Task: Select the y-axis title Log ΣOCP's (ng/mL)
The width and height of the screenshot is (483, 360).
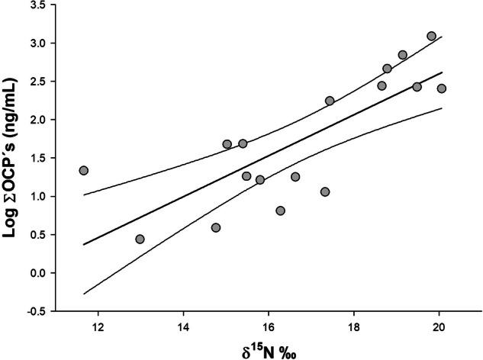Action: tap(14, 157)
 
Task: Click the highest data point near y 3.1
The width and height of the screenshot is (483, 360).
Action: tap(431, 36)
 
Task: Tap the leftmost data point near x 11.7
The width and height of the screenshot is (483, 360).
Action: tap(83, 170)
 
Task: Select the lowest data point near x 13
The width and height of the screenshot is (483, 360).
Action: tap(140, 239)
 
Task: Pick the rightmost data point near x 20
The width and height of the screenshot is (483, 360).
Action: tap(441, 88)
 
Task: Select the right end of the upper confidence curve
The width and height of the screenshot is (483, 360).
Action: tap(442, 37)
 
